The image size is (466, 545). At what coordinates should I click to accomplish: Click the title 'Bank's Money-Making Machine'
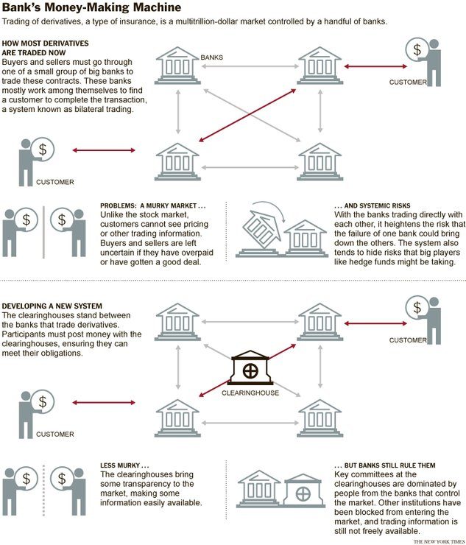[91, 7]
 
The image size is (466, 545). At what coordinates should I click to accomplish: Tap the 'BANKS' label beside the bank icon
[211, 57]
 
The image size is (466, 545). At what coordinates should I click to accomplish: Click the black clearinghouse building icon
[250, 368]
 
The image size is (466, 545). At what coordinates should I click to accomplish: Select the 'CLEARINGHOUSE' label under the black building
[250, 393]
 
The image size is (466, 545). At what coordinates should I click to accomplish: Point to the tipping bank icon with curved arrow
[261, 228]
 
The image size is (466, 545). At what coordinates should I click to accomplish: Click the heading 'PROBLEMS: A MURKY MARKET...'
[153, 205]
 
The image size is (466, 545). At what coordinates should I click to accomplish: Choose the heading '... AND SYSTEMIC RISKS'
[373, 205]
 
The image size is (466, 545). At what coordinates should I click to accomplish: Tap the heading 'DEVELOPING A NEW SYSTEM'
[52, 306]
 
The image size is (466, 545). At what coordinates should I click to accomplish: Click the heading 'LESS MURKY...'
[124, 465]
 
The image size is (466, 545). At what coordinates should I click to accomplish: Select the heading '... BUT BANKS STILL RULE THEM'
[385, 465]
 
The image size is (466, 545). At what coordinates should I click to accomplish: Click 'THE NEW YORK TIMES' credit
[439, 541]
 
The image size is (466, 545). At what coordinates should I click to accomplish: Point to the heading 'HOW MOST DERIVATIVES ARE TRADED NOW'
[45, 48]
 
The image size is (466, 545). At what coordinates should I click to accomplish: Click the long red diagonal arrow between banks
[247, 115]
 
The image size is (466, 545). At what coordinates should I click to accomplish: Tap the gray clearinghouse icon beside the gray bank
[303, 490]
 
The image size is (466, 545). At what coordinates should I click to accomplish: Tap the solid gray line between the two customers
[43, 232]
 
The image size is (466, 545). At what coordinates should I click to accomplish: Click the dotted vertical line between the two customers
[43, 490]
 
